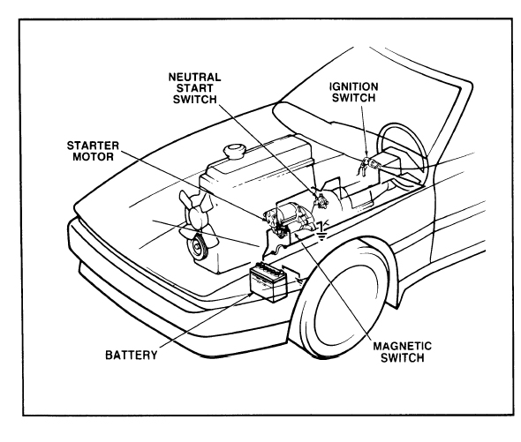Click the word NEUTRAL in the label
tap(194, 78)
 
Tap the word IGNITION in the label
tap(353, 87)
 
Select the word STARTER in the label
tap(93, 146)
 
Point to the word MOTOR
tap(93, 157)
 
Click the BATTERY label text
tap(132, 355)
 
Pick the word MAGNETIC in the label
tap(403, 347)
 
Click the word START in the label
tap(194, 88)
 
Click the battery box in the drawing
tap(268, 282)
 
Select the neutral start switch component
tap(320, 199)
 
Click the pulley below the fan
tap(197, 247)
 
